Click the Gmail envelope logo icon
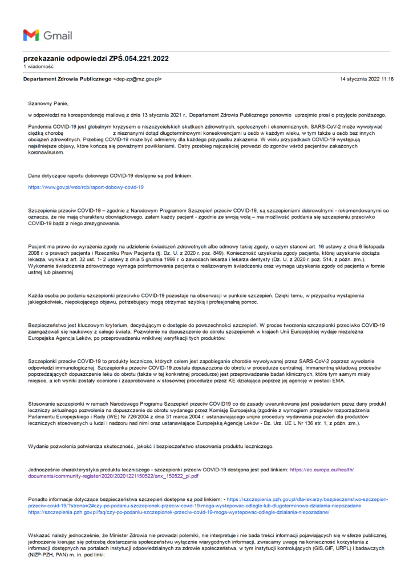pos(31,35)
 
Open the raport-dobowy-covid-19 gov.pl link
pos(86,187)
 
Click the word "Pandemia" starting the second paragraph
pos(40,125)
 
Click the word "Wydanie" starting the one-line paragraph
pos(39,446)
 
